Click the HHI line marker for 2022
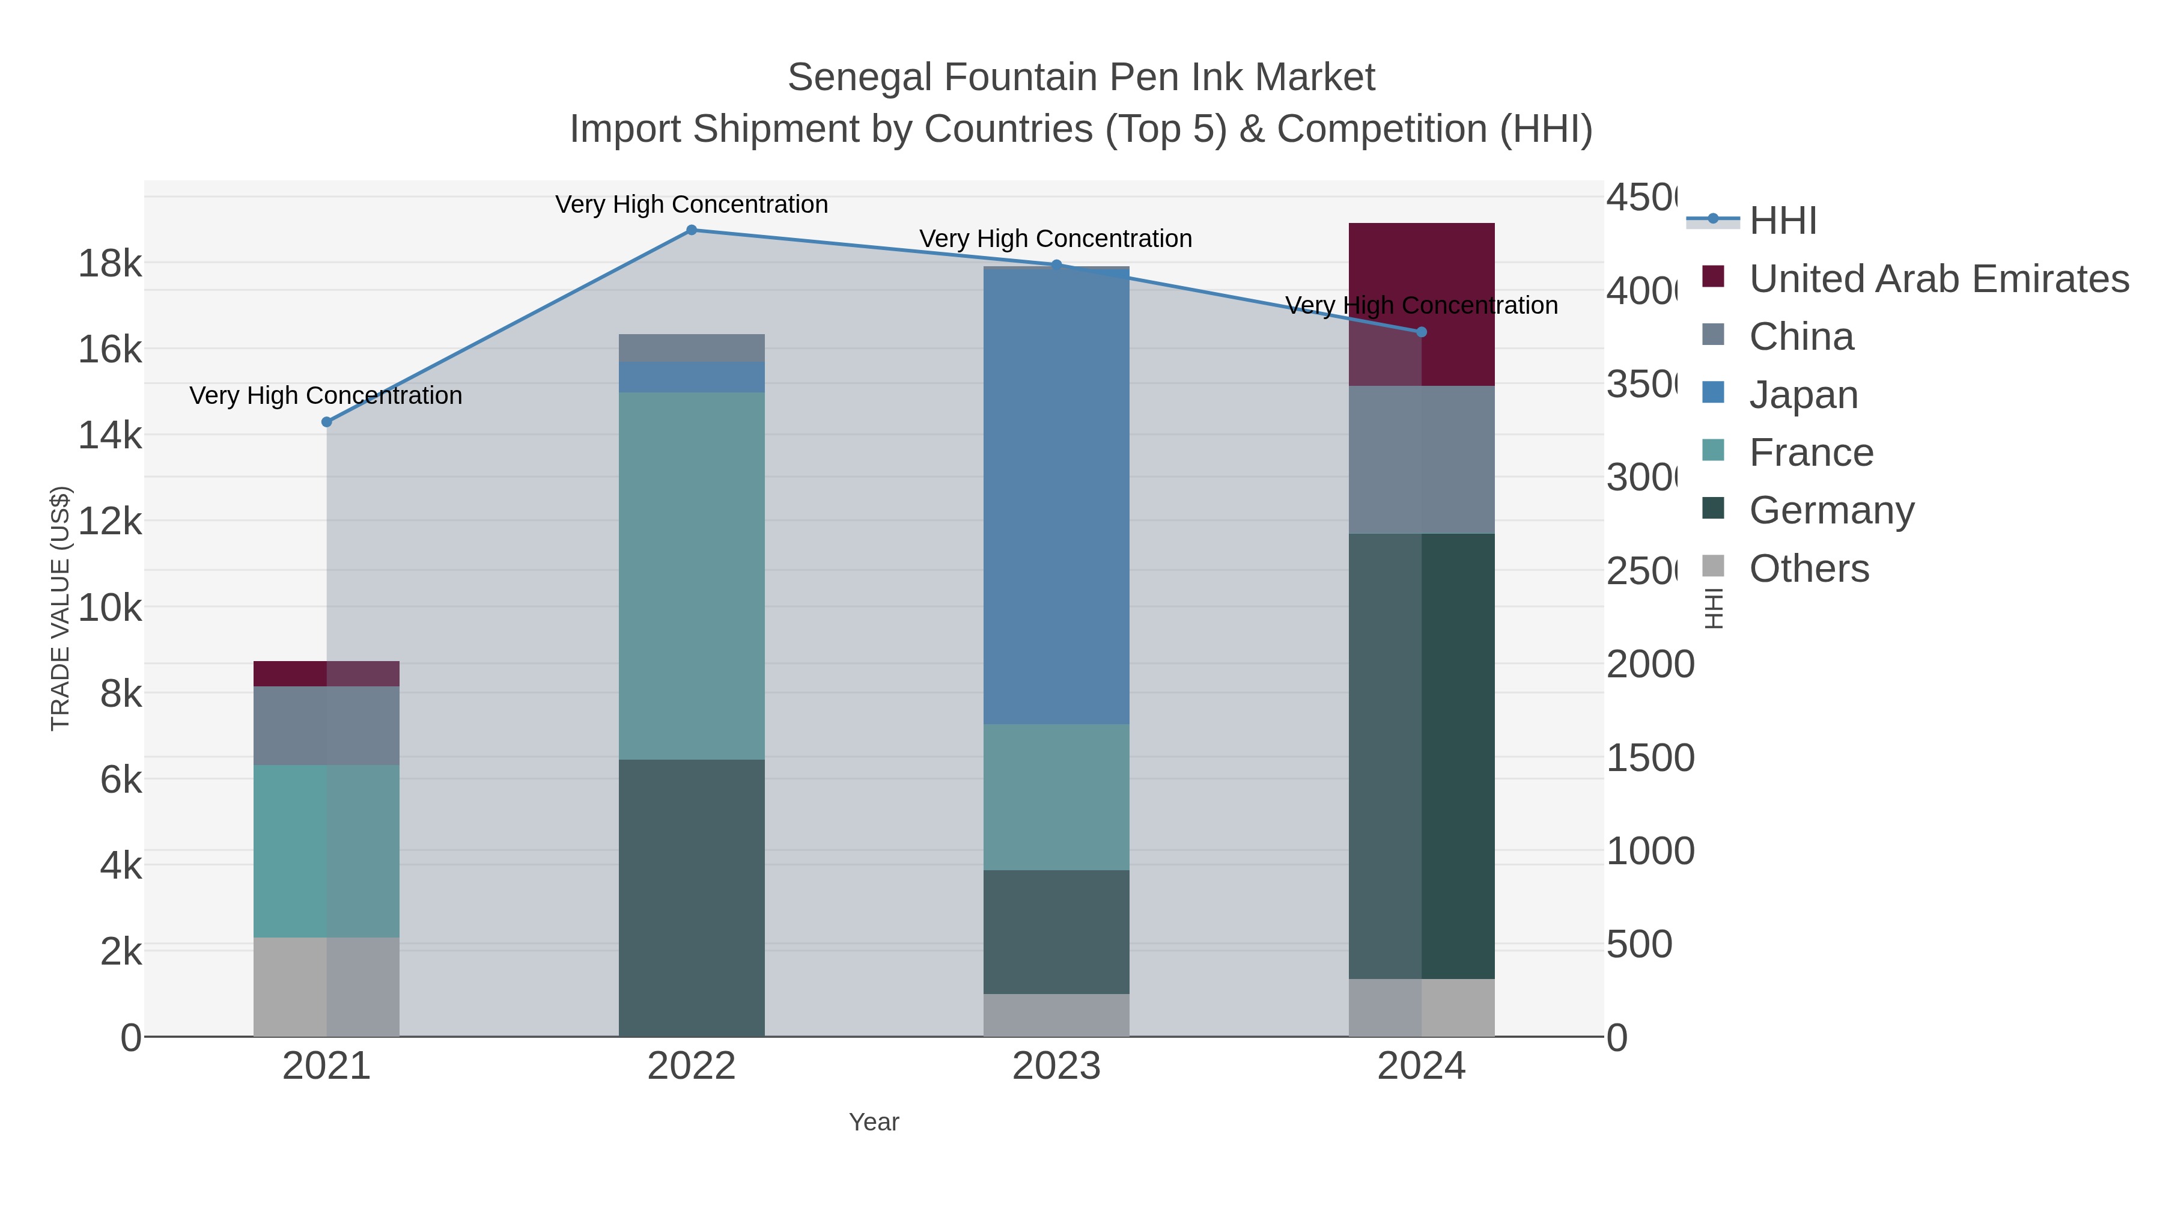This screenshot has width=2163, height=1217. tap(691, 230)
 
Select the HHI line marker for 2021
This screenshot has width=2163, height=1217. tap(327, 422)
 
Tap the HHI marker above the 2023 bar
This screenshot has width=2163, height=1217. tap(1056, 264)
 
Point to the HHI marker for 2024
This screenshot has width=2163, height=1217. tap(1421, 332)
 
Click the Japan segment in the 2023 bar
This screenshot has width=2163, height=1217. tap(1056, 496)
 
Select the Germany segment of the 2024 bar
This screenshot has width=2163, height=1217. tap(1421, 756)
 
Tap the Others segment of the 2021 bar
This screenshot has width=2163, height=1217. tap(327, 987)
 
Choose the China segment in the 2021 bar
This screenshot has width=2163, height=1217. tap(327, 725)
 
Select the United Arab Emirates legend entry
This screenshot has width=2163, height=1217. tap(1938, 279)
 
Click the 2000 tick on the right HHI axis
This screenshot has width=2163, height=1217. tap(1650, 664)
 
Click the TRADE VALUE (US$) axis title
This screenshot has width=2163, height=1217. tap(61, 608)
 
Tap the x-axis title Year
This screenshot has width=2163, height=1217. tap(873, 1122)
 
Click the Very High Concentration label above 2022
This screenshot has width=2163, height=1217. tap(691, 205)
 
